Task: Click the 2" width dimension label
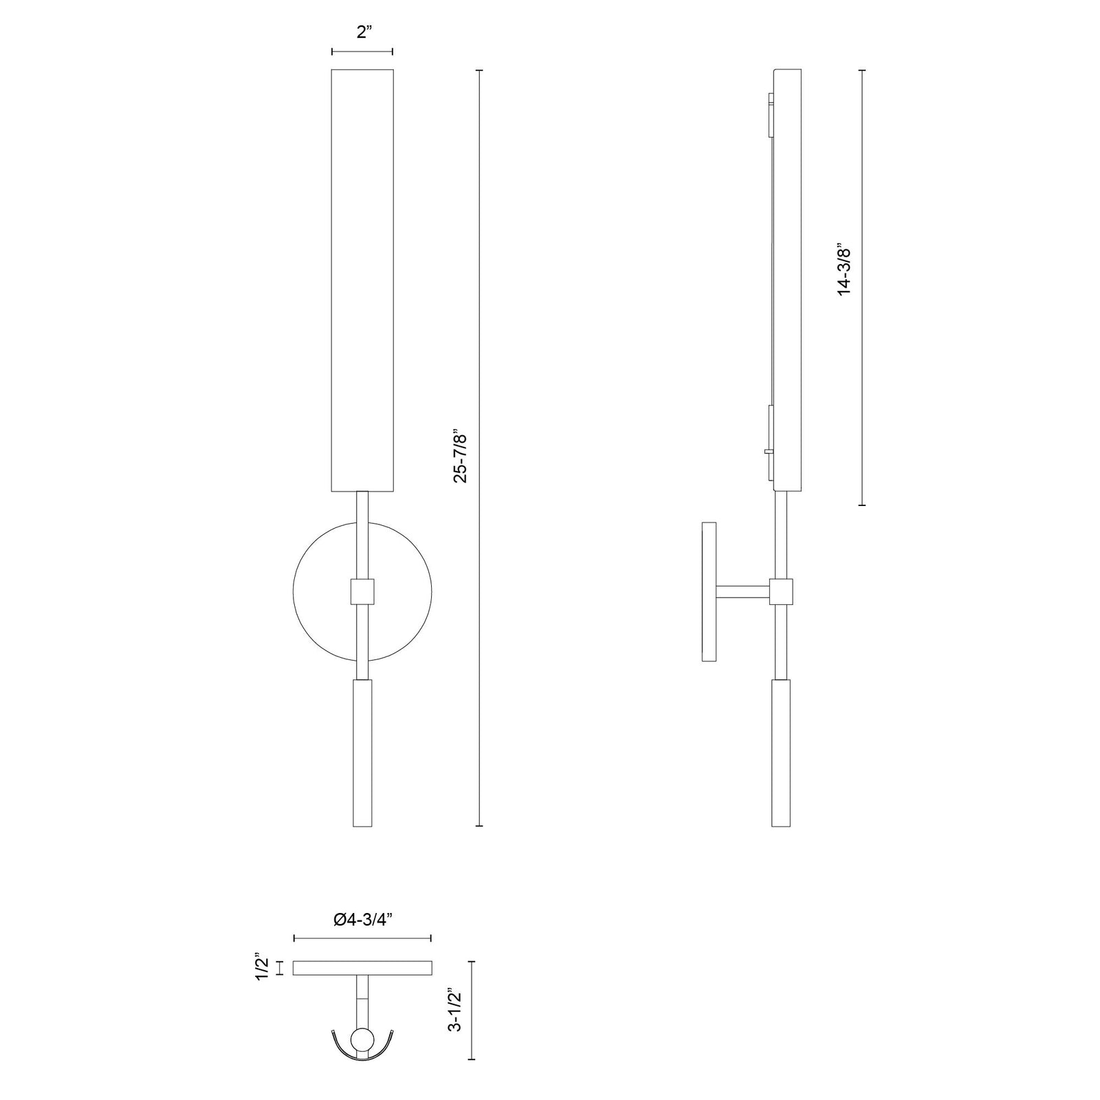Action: (364, 33)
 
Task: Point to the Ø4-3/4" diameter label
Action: (362, 919)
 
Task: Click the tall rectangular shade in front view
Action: (362, 280)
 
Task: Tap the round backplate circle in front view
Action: (294, 591)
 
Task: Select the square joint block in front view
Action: (362, 591)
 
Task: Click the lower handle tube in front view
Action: (362, 753)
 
